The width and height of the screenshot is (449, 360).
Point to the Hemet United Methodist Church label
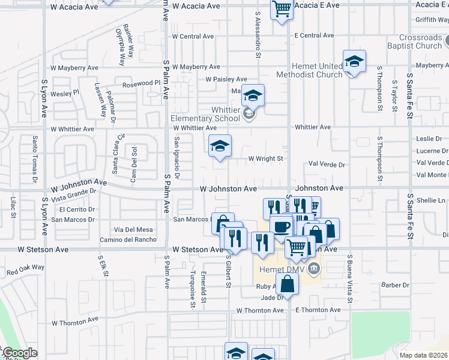309,70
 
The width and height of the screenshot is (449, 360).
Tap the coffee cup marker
281,227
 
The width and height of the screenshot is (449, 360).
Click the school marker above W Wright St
220,146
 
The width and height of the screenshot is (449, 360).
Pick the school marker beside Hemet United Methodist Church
354,61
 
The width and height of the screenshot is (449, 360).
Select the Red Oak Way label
25,270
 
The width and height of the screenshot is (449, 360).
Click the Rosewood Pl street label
142,83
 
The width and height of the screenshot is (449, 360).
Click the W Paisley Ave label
226,79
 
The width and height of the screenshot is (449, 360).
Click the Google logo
20,353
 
